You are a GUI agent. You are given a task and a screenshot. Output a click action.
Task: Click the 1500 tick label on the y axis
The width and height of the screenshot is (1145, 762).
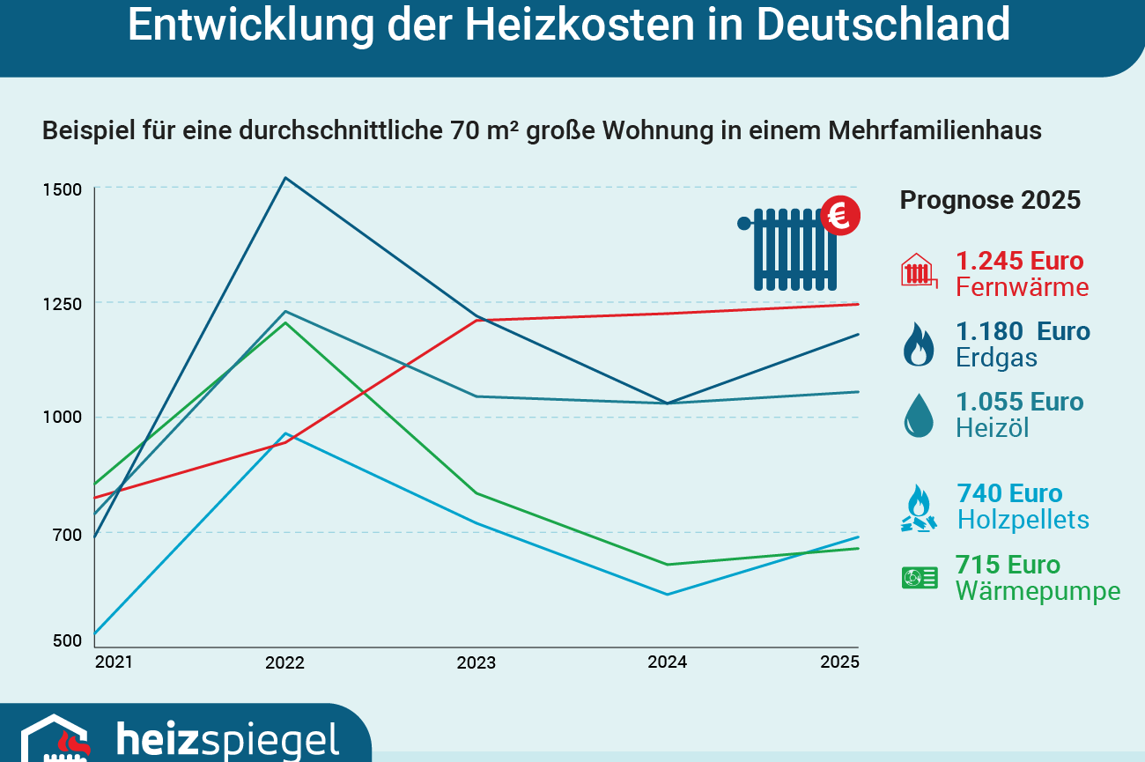pyautogui.click(x=63, y=189)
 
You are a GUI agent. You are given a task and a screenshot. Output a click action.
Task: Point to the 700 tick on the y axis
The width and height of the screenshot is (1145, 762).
pyautogui.click(x=67, y=534)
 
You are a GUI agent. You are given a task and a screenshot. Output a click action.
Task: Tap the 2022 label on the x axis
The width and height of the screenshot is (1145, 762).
pyautogui.click(x=284, y=662)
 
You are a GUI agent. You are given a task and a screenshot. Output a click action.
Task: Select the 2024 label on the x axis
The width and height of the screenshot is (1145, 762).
pyautogui.click(x=667, y=662)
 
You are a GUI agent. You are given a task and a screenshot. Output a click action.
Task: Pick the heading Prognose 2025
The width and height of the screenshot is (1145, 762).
pyautogui.click(x=989, y=200)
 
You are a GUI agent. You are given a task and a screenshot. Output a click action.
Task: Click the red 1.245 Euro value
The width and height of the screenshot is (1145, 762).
pyautogui.click(x=1019, y=261)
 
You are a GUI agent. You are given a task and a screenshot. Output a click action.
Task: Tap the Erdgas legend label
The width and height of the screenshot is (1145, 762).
pyautogui.click(x=996, y=359)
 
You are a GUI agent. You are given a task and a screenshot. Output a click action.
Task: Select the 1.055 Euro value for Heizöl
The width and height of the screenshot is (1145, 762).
pyautogui.click(x=1019, y=402)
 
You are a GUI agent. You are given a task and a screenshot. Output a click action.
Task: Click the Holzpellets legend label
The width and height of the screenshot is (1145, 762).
pyautogui.click(x=1023, y=520)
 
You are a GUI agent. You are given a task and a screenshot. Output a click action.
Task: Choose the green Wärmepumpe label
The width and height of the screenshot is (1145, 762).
pyautogui.click(x=1038, y=591)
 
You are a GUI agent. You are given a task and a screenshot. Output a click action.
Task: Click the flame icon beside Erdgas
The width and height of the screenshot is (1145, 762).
pyautogui.click(x=919, y=344)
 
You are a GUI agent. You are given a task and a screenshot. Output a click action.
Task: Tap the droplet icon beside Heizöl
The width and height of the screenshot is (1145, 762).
pyautogui.click(x=919, y=415)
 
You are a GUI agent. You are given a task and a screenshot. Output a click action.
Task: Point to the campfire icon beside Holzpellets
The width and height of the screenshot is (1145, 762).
pyautogui.click(x=919, y=508)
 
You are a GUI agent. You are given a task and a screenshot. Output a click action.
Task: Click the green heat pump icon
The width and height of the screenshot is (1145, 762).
pyautogui.click(x=919, y=578)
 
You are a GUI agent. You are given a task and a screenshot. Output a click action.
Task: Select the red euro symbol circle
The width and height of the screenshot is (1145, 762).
pyautogui.click(x=840, y=215)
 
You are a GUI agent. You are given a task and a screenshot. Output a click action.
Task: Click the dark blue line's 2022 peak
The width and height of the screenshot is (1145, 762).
pyautogui.click(x=284, y=178)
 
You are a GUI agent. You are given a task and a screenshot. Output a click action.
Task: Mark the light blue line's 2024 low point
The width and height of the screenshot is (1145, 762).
pyautogui.click(x=667, y=595)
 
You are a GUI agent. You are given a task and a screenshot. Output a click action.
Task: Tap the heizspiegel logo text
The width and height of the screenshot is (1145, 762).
pyautogui.click(x=227, y=740)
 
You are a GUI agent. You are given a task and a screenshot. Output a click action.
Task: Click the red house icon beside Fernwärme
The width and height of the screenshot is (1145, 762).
pyautogui.click(x=919, y=270)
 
